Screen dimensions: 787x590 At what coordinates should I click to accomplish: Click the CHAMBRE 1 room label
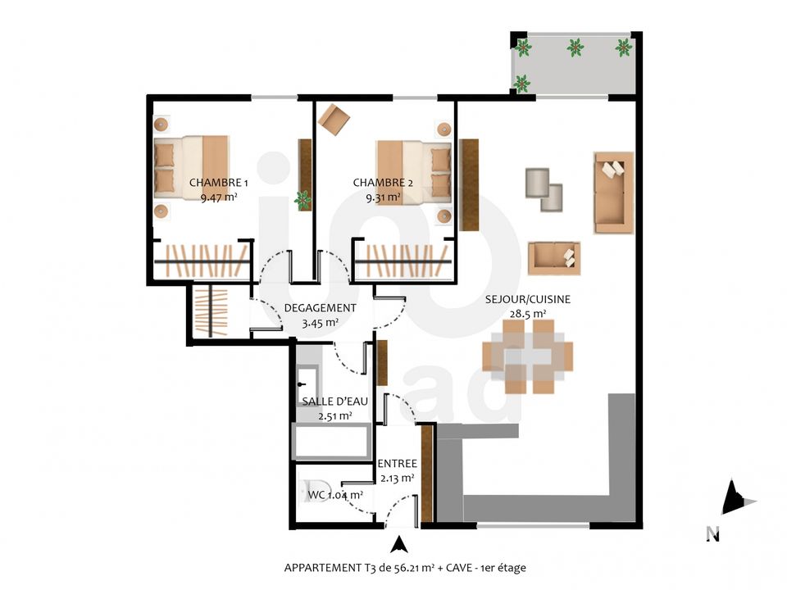pyautogui.click(x=218, y=183)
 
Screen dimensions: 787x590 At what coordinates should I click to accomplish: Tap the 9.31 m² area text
pyautogui.click(x=383, y=197)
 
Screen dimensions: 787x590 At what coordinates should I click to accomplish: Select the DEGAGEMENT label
pyautogui.click(x=321, y=308)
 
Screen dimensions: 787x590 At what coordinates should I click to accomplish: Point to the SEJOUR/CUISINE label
pyautogui.click(x=527, y=300)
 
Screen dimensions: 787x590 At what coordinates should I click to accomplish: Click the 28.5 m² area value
pyautogui.click(x=527, y=314)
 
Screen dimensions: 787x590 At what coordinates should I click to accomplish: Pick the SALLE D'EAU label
pyautogui.click(x=334, y=402)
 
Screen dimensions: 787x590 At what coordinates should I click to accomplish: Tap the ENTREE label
pyautogui.click(x=397, y=464)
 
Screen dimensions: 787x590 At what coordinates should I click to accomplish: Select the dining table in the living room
pyautogui.click(x=527, y=356)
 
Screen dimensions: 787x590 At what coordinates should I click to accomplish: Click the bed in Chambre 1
pyautogui.click(x=191, y=166)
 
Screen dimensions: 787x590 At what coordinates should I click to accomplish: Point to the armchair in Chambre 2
pyautogui.click(x=334, y=120)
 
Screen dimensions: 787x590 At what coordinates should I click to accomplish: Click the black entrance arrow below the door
pyautogui.click(x=399, y=544)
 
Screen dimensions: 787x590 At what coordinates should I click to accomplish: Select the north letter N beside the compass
pyautogui.click(x=712, y=533)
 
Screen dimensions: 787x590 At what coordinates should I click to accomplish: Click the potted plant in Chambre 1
pyautogui.click(x=303, y=200)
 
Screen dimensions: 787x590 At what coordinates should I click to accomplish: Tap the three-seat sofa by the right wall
pyautogui.click(x=613, y=193)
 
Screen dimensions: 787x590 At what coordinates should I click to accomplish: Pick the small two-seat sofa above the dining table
pyautogui.click(x=554, y=258)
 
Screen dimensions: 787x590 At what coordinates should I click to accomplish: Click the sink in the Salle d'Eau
pyautogui.click(x=307, y=384)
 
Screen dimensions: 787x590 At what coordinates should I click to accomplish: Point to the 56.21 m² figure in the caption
pyautogui.click(x=407, y=568)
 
